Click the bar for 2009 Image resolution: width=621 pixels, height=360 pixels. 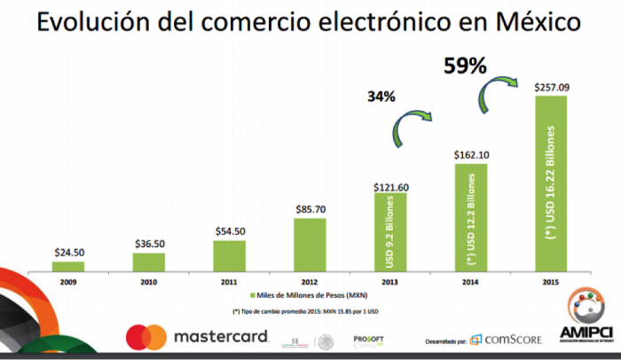coord(67,265)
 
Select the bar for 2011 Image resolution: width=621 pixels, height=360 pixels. coord(230,255)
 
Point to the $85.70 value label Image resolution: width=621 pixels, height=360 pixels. coord(310,209)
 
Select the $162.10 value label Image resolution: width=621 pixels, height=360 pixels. coord(472,155)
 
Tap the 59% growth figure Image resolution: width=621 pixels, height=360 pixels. coord(465,66)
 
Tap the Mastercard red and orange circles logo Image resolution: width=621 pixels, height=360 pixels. coord(145,337)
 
